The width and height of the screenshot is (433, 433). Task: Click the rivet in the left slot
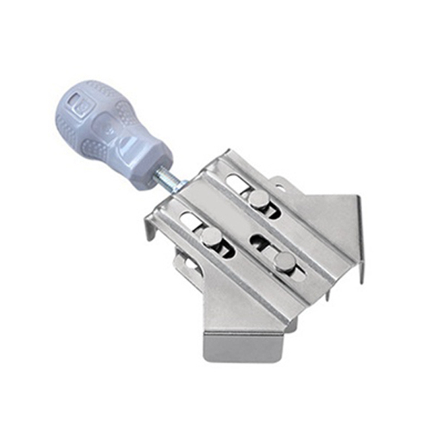210,237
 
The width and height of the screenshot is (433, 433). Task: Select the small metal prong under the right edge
327,294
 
